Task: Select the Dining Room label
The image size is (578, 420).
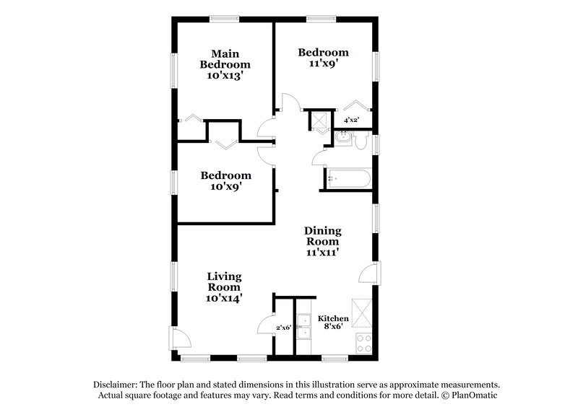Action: tap(323, 236)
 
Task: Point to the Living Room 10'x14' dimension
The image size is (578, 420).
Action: tap(225, 296)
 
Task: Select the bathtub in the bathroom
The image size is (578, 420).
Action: tap(348, 178)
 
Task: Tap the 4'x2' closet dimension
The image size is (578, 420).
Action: tap(352, 120)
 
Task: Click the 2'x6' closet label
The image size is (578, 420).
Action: tap(284, 328)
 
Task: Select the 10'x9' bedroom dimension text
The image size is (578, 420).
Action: tap(225, 186)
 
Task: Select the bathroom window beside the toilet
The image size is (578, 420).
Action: tap(376, 143)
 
